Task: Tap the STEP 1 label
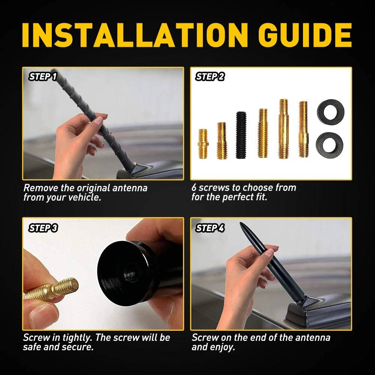pyautogui.click(x=43, y=77)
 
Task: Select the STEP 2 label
pyautogui.click(x=210, y=77)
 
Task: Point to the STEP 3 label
pyautogui.click(x=43, y=228)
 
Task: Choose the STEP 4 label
pyautogui.click(x=210, y=228)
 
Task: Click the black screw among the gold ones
pyautogui.click(x=241, y=135)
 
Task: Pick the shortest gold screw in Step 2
pyautogui.click(x=203, y=143)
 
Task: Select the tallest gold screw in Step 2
pyautogui.click(x=283, y=129)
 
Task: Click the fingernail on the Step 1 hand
pyautogui.click(x=99, y=121)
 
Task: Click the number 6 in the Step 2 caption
pyautogui.click(x=194, y=188)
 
